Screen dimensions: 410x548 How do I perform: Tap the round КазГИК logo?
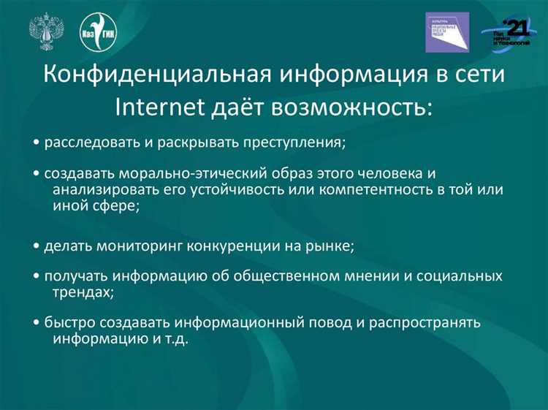pos(97,32)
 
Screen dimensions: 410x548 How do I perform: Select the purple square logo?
pos(447,32)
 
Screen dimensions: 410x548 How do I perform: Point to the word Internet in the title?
pos(155,107)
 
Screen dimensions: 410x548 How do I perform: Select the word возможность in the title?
pos(353,107)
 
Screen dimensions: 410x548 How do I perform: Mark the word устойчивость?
pos(228,191)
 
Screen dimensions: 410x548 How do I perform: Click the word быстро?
pos(64,323)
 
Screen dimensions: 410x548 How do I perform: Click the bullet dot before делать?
pos(37,246)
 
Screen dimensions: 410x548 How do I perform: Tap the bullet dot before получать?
pos(37,277)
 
